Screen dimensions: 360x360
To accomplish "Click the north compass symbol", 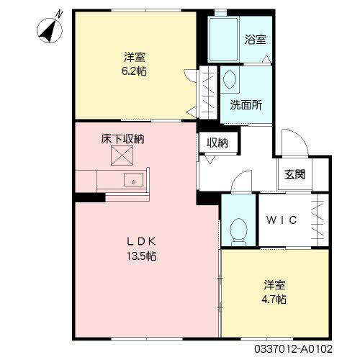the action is tap(50, 31).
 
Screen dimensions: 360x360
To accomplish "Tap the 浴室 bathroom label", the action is tap(256, 40).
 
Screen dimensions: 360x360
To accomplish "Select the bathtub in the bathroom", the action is tap(223, 40).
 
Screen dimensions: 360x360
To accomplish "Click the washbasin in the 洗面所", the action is tap(230, 78).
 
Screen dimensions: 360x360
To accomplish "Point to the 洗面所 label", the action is tap(246, 104).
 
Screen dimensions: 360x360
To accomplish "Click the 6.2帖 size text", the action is tap(134, 71).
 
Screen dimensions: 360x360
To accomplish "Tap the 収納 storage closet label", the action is tap(217, 143).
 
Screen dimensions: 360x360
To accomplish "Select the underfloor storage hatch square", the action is tap(122, 156).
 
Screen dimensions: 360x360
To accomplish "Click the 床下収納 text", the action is tap(122, 139).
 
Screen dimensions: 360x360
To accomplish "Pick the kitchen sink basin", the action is tap(133, 180).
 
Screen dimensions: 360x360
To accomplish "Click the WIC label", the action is tap(282, 220).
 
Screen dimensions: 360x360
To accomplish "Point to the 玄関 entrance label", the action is tap(294, 174).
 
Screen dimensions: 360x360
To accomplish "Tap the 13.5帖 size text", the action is tap(142, 256).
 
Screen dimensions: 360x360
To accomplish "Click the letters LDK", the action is tap(142, 241).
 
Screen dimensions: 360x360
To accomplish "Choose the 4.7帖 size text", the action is tap(274, 300).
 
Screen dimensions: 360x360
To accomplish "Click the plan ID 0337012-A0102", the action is tap(293, 348).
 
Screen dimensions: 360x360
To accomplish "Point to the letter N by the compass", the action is tap(59, 14).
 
